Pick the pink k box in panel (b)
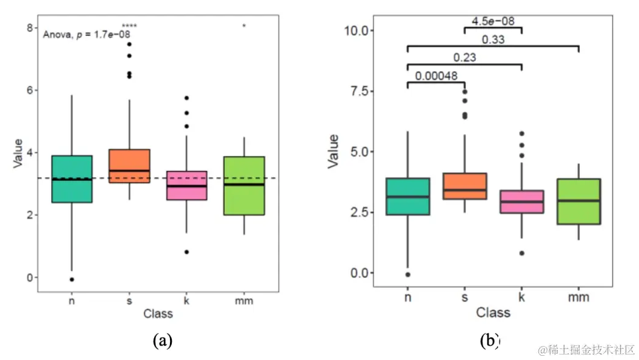(x=522, y=202)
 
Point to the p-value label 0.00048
(x=436, y=76)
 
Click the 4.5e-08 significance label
(x=493, y=21)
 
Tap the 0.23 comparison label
(x=464, y=58)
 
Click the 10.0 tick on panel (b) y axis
(x=358, y=30)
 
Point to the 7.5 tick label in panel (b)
(x=361, y=91)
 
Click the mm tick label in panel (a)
(x=244, y=301)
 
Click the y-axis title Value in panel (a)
(x=18, y=153)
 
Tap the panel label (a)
(x=162, y=341)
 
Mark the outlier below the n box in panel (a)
(x=72, y=280)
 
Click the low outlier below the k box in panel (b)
(x=522, y=253)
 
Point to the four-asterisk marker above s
(x=129, y=26)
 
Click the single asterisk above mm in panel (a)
(x=244, y=26)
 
